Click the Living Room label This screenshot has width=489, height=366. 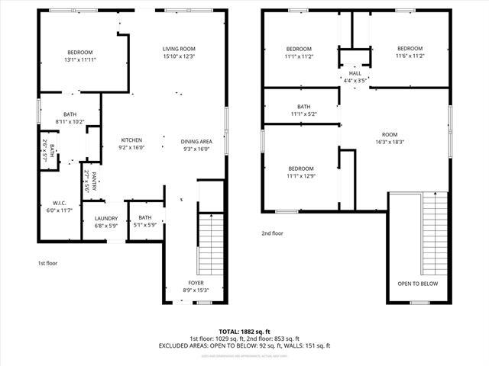[179, 48]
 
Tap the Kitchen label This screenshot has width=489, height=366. [131, 140]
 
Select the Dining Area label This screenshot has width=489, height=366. [196, 141]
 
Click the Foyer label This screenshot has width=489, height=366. [196, 282]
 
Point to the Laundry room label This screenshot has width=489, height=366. [106, 218]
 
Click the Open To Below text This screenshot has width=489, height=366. [416, 283]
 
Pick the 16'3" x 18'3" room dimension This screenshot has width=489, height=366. [390, 142]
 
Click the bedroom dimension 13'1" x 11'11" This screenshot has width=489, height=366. [80, 59]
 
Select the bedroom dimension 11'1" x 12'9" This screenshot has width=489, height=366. [301, 176]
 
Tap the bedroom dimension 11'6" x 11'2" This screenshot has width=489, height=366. [410, 56]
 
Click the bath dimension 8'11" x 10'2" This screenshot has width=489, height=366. [70, 121]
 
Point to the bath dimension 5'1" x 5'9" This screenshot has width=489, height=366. [145, 225]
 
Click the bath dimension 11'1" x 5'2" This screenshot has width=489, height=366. [303, 114]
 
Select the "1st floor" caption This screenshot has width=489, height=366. [47, 263]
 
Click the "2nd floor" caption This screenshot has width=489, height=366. [272, 234]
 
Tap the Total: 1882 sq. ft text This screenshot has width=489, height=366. [244, 331]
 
